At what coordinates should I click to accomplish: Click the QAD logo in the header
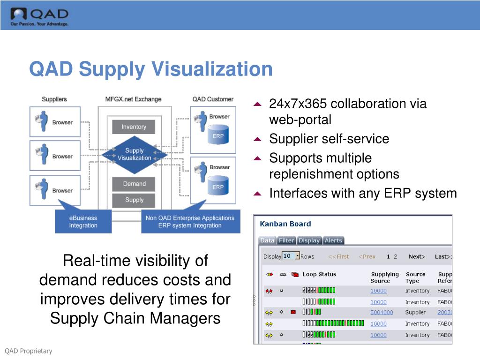[39, 17]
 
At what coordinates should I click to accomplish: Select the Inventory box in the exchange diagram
[134, 127]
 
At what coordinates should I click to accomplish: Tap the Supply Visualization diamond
[134, 154]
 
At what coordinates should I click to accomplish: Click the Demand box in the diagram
[134, 184]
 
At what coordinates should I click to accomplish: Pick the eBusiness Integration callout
[83, 222]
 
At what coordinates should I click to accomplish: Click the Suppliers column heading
[54, 99]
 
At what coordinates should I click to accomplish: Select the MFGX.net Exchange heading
[133, 99]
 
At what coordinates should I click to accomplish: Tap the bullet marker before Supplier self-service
[257, 139]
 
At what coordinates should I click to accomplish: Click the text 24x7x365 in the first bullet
[299, 104]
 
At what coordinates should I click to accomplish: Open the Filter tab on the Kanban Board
[286, 240]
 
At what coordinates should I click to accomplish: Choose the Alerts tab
[333, 240]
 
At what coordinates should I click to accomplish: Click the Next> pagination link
[417, 256]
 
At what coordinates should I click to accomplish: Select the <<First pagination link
[338, 256]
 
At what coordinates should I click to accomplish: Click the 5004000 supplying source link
[382, 313]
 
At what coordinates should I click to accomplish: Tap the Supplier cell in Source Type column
[415, 313]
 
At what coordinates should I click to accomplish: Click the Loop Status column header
[319, 275]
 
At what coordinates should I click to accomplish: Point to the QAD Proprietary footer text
[29, 351]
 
